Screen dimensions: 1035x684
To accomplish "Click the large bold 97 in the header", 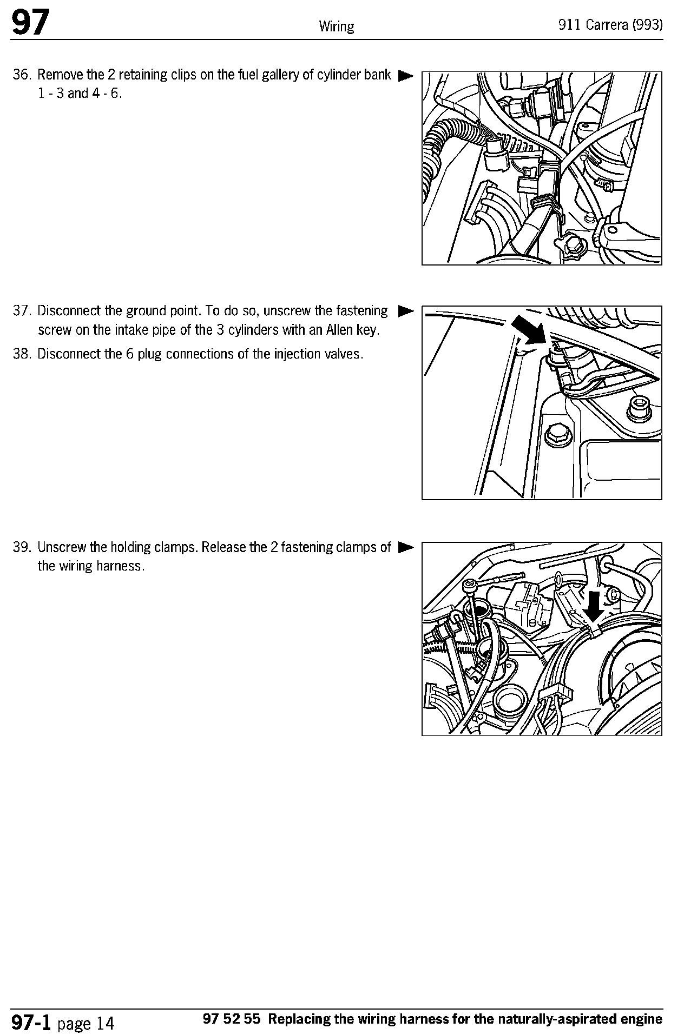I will click(x=31, y=24).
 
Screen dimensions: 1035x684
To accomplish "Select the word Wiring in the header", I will click(x=336, y=26).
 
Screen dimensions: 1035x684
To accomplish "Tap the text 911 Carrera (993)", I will click(x=611, y=26).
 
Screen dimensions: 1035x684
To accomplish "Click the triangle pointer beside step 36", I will click(x=405, y=76).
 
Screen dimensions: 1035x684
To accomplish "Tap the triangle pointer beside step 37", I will click(x=405, y=311).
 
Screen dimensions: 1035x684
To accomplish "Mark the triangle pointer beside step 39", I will click(x=405, y=548).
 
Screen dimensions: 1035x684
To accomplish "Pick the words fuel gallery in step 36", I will click(x=265, y=75).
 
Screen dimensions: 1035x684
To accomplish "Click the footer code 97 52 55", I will click(x=232, y=1019).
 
